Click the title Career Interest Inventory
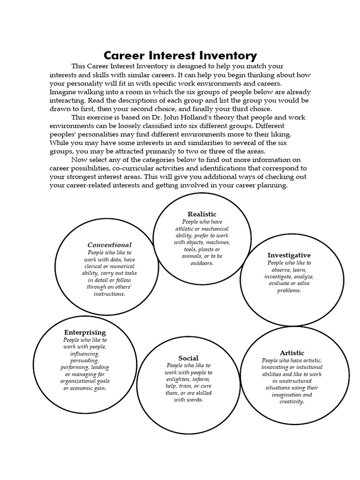tap(180, 56)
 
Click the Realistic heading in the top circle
tap(202, 214)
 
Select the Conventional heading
tap(110, 245)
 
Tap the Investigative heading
tap(289, 255)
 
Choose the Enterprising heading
tap(85, 332)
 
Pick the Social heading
tap(188, 358)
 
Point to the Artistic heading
tap(292, 353)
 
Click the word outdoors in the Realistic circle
tap(202, 263)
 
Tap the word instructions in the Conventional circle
tap(109, 294)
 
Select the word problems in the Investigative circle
tap(289, 291)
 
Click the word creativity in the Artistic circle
tap(292, 402)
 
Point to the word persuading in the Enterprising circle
tap(85, 361)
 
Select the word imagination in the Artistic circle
tap(292, 395)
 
